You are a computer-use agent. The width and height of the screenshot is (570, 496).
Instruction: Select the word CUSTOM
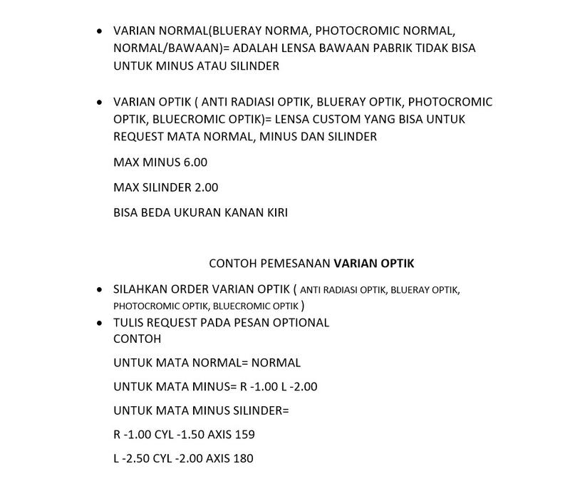pos(350,119)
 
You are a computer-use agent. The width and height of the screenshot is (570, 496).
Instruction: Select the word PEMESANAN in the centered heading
pos(296,263)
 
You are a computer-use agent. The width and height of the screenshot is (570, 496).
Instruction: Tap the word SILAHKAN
pos(141,289)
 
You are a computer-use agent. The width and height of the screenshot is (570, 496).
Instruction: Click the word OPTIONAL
pos(303,322)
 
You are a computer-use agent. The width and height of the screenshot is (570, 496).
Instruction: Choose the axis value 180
pos(242,458)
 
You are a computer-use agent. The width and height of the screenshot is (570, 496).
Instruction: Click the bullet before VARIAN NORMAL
pos(100,31)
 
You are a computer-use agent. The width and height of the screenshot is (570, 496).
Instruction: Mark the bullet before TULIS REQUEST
pos(100,322)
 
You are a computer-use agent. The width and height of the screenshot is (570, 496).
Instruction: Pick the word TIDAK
pos(440,48)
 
